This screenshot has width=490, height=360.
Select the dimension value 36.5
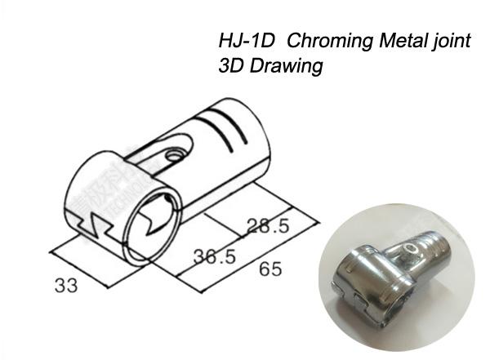tap(215, 256)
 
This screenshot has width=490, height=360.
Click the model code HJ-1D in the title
tap(245, 41)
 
